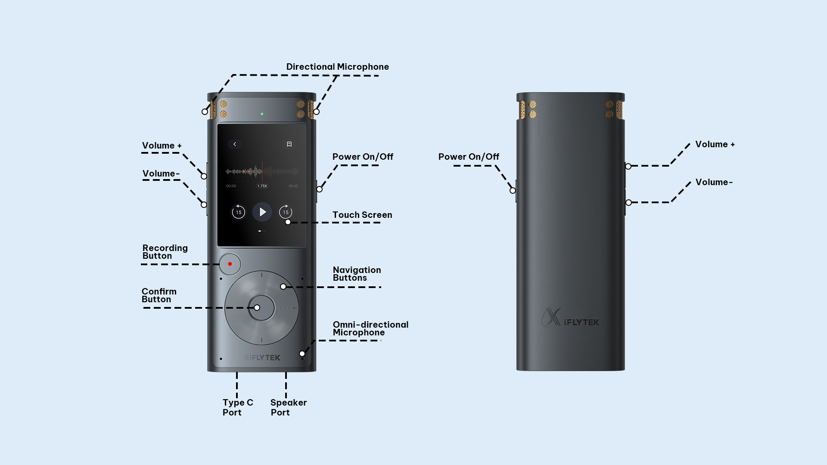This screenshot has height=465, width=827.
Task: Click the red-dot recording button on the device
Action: tap(230, 264)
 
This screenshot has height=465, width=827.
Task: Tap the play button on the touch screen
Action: tap(262, 212)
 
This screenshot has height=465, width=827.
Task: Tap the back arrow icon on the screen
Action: tap(235, 144)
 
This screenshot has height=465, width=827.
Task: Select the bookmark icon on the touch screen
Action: tap(289, 144)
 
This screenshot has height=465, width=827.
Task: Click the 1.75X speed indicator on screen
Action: tap(262, 186)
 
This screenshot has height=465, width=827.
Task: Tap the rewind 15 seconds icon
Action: tap(238, 212)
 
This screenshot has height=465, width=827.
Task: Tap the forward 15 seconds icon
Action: tap(286, 212)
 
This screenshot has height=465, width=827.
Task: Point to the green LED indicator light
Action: tap(262, 114)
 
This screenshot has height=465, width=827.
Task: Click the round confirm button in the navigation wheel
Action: tap(261, 308)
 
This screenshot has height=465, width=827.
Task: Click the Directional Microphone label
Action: tap(337, 67)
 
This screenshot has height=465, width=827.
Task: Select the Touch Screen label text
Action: tap(362, 215)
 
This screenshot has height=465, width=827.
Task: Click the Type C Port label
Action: tap(238, 407)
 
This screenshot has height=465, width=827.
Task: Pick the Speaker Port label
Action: tap(289, 407)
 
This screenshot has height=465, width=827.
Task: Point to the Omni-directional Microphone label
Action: tap(370, 329)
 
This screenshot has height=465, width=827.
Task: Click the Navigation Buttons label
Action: tap(357, 274)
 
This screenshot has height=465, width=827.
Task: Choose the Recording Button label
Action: tap(165, 252)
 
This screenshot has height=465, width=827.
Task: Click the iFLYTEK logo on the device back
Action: tap(570, 318)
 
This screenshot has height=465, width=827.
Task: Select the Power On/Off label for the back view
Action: tap(469, 157)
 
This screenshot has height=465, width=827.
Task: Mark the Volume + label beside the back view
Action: tap(715, 144)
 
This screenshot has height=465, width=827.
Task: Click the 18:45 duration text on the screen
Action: tap(293, 186)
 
